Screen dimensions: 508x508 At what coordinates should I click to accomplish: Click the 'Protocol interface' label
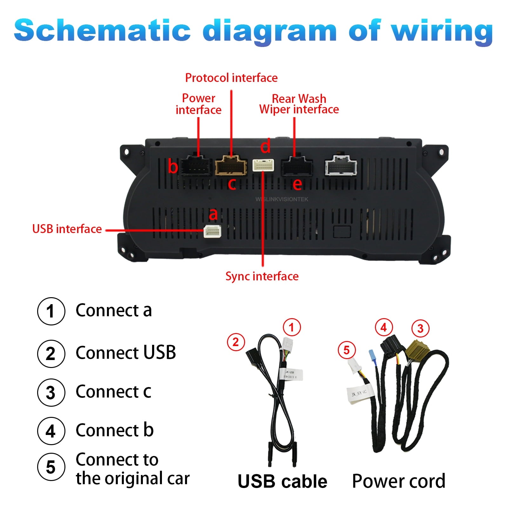point(231,78)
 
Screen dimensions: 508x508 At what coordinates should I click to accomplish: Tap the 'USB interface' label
point(67,229)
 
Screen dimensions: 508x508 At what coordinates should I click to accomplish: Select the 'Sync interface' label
point(262,276)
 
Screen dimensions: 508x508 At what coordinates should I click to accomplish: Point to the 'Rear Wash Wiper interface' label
point(299,104)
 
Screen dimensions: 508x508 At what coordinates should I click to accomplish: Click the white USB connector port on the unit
point(212,231)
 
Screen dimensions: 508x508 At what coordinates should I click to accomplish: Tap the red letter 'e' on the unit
point(297,184)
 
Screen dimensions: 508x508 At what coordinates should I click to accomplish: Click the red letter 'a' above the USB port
point(213,214)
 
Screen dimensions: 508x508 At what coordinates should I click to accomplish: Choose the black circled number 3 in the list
point(51,392)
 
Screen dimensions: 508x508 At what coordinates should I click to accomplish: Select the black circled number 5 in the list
point(51,467)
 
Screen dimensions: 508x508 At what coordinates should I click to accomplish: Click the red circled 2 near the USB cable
point(236,342)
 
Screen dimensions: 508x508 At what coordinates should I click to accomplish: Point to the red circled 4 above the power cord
point(384,327)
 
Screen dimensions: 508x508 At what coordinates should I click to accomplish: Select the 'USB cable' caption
point(282,481)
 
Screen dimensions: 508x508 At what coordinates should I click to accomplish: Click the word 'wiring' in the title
point(442,31)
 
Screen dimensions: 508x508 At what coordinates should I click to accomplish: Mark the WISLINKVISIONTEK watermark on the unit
point(282,199)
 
